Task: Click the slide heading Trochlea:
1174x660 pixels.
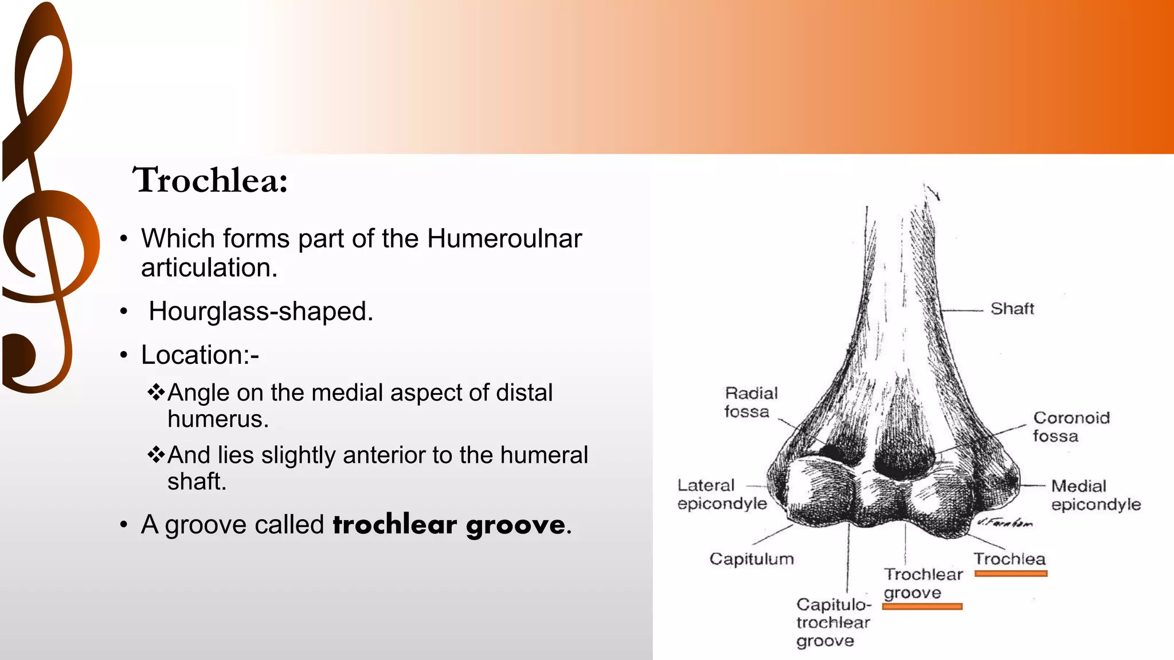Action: [210, 180]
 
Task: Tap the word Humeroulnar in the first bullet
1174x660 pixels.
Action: [504, 238]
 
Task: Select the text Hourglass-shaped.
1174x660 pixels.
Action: [261, 312]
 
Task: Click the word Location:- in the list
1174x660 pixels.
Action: [200, 355]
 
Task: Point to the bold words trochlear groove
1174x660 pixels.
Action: [449, 525]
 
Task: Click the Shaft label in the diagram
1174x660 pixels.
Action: [1012, 309]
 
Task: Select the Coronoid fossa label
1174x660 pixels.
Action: [1071, 427]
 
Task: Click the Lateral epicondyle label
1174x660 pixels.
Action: [721, 494]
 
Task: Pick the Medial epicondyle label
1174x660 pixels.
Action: [1095, 496]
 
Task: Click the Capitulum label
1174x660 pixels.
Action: [752, 559]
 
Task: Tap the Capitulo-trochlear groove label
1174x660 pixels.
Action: [833, 623]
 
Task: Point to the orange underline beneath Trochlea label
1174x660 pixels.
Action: [1011, 573]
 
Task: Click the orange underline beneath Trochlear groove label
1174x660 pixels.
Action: [922, 607]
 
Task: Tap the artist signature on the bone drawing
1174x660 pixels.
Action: [1005, 522]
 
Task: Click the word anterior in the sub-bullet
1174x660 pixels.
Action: [383, 455]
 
